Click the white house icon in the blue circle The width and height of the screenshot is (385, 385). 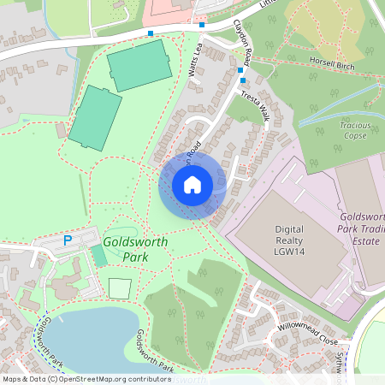pos(192,184)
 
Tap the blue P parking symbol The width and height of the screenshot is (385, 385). pos(68,241)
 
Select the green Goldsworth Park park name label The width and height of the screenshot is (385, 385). pos(130,249)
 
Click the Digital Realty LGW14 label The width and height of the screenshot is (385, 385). pos(289,241)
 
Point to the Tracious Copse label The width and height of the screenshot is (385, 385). pos(353,130)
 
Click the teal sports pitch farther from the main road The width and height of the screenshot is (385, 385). pos(95,118)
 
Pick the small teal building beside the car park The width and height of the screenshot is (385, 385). pos(100,257)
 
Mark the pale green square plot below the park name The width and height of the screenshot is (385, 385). pos(121,287)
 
